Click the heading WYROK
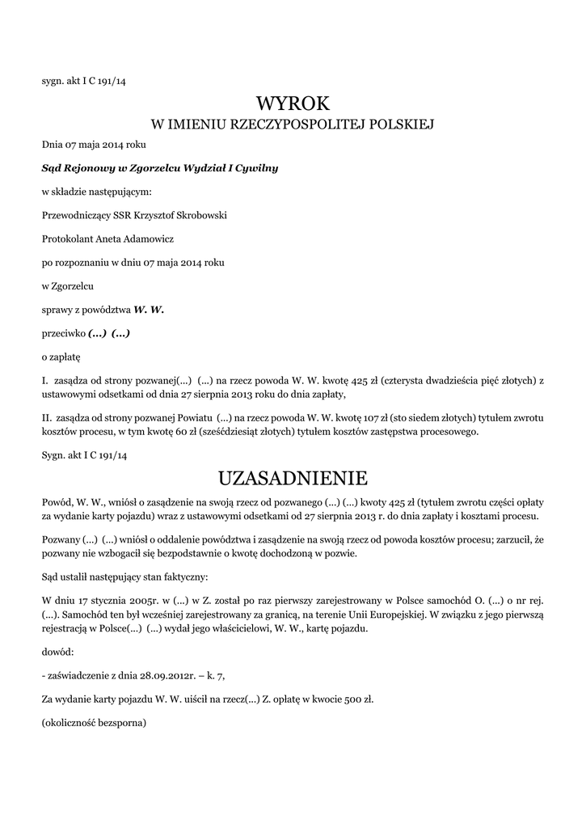point(293,104)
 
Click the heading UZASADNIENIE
point(293,476)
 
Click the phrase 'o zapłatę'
point(61,356)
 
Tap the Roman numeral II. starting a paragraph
point(46,417)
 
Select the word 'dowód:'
point(57,651)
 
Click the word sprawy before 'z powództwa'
point(57,310)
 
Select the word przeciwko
point(63,333)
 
